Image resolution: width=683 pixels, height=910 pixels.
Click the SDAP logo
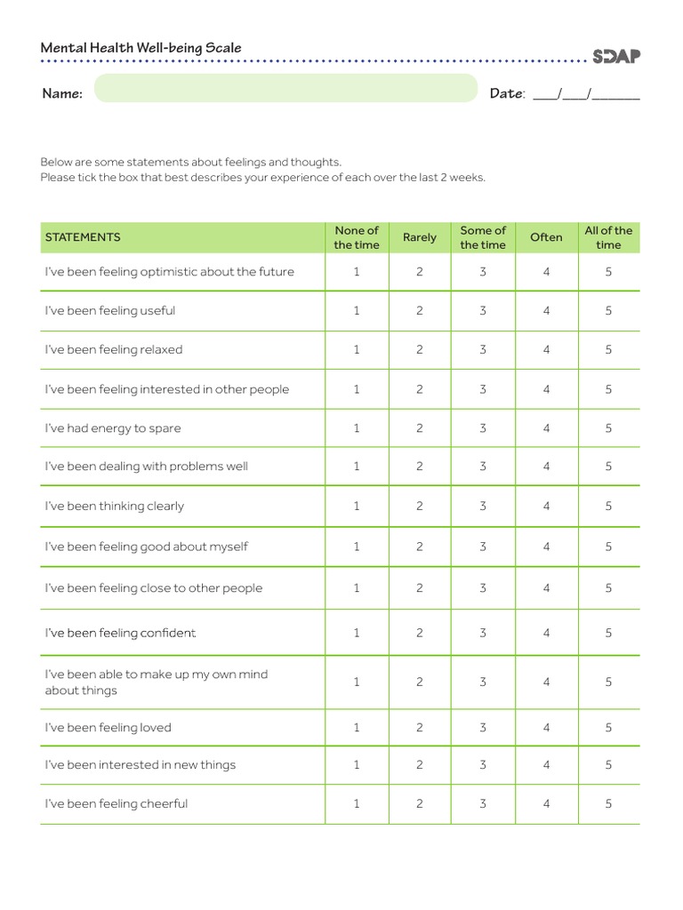click(x=616, y=56)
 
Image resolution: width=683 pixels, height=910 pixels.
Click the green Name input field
click(x=285, y=89)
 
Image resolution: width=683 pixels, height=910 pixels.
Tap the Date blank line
click(x=586, y=94)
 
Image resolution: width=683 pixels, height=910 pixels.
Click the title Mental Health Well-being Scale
click(x=141, y=48)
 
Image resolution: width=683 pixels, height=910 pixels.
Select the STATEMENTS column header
click(x=83, y=237)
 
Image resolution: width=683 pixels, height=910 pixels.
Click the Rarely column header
click(x=420, y=237)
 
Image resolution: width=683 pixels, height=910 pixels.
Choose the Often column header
click(x=546, y=237)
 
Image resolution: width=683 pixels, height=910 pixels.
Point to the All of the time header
click(x=608, y=237)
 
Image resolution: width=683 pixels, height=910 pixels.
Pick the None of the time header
click(x=357, y=237)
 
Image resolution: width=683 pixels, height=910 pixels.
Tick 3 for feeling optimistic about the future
click(x=483, y=272)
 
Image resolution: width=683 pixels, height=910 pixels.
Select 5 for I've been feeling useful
click(x=608, y=311)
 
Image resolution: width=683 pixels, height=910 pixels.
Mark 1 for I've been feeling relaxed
click(x=357, y=350)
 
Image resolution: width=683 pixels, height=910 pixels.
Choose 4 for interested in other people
click(x=546, y=389)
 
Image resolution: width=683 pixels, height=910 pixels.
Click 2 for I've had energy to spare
click(x=420, y=428)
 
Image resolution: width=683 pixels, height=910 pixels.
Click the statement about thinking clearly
click(x=115, y=507)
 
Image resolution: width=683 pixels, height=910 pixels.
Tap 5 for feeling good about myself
click(x=608, y=547)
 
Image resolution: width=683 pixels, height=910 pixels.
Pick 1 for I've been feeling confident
click(x=357, y=634)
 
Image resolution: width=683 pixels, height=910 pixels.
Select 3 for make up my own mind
click(x=483, y=682)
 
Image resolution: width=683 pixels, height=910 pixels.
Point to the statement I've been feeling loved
click(x=108, y=728)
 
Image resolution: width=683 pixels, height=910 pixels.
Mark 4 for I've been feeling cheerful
click(x=546, y=804)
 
